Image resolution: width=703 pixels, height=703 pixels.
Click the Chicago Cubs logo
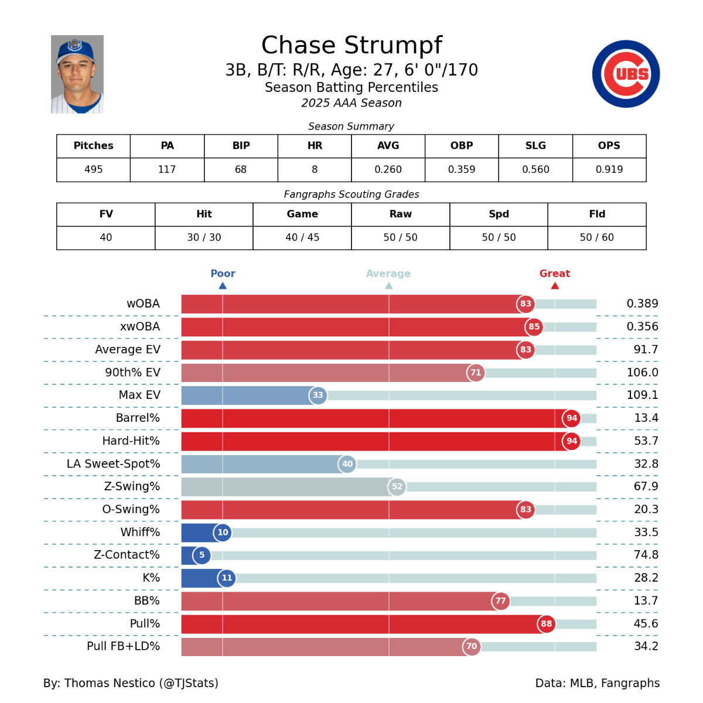tap(626, 74)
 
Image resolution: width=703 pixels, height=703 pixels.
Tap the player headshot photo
tap(77, 74)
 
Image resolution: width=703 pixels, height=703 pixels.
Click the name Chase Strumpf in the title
tap(351, 45)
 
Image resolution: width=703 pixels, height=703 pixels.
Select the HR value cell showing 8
tap(315, 169)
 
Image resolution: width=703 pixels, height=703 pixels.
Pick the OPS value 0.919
tap(609, 169)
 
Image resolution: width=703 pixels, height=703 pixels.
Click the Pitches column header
tap(93, 146)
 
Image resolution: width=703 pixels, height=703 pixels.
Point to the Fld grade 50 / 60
tap(597, 237)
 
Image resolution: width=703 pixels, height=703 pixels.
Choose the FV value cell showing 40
tap(106, 237)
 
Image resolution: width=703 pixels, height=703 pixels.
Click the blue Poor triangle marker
tap(223, 286)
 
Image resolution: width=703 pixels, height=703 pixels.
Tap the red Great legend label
tap(554, 274)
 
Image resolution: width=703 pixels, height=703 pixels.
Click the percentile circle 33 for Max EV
tap(318, 395)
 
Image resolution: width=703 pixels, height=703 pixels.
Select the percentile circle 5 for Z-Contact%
tap(202, 555)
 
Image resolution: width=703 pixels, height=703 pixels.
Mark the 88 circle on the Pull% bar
tap(546, 624)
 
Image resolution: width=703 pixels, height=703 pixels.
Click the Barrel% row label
tap(138, 418)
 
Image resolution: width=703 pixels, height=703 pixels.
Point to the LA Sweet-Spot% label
tap(113, 464)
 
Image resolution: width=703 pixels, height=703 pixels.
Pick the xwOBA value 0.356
tap(642, 327)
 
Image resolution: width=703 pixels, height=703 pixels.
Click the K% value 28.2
tap(646, 578)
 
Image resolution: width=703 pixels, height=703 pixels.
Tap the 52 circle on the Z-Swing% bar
tap(397, 487)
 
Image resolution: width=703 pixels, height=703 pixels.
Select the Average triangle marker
tap(389, 286)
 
